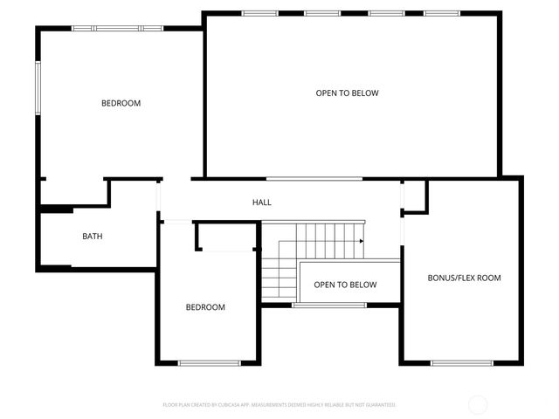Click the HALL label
pyautogui.click(x=262, y=203)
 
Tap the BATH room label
pyautogui.click(x=93, y=237)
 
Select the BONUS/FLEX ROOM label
pyautogui.click(x=464, y=278)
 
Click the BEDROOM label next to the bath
pyautogui.click(x=205, y=307)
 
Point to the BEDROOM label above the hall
pyautogui.click(x=121, y=103)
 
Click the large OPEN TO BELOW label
pyautogui.click(x=347, y=93)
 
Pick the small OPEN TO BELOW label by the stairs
pyautogui.click(x=345, y=285)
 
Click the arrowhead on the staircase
pyautogui.click(x=362, y=241)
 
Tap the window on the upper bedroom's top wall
pyautogui.click(x=117, y=28)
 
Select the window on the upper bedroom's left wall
pyautogui.click(x=38, y=87)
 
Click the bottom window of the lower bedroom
pyautogui.click(x=209, y=363)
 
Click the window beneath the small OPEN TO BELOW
pyautogui.click(x=329, y=306)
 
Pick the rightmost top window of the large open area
pyautogui.click(x=441, y=13)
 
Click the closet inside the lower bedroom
pyautogui.click(x=226, y=237)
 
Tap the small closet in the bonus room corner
pyautogui.click(x=414, y=196)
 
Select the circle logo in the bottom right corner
pyautogui.click(x=479, y=404)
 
